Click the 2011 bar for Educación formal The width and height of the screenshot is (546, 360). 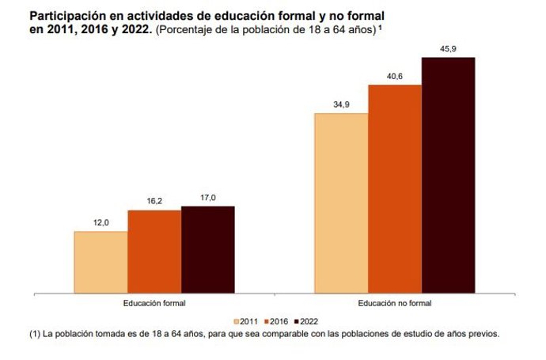[x=101, y=261]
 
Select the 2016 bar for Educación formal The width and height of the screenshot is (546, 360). [x=154, y=251]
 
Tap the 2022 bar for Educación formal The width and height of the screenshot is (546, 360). [x=208, y=248]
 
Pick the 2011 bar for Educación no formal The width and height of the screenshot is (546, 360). [x=341, y=203]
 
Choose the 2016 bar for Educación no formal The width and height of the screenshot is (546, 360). [x=395, y=188]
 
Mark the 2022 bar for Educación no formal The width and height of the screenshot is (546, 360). [x=448, y=174]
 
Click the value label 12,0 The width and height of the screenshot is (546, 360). [x=101, y=224]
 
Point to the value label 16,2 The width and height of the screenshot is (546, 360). [x=154, y=203]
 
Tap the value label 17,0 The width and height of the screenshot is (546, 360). [x=208, y=199]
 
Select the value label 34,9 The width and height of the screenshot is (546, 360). [x=341, y=105]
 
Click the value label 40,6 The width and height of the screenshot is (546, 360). [x=395, y=77]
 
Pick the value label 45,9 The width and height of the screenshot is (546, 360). [x=448, y=49]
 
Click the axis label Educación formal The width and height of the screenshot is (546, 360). [x=154, y=303]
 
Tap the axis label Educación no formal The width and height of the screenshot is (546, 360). [x=395, y=303]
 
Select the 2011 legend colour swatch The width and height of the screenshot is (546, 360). [x=237, y=321]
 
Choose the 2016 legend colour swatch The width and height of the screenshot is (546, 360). [x=267, y=321]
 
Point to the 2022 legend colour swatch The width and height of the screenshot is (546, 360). [x=296, y=321]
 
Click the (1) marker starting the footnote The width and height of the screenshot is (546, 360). [x=35, y=334]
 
